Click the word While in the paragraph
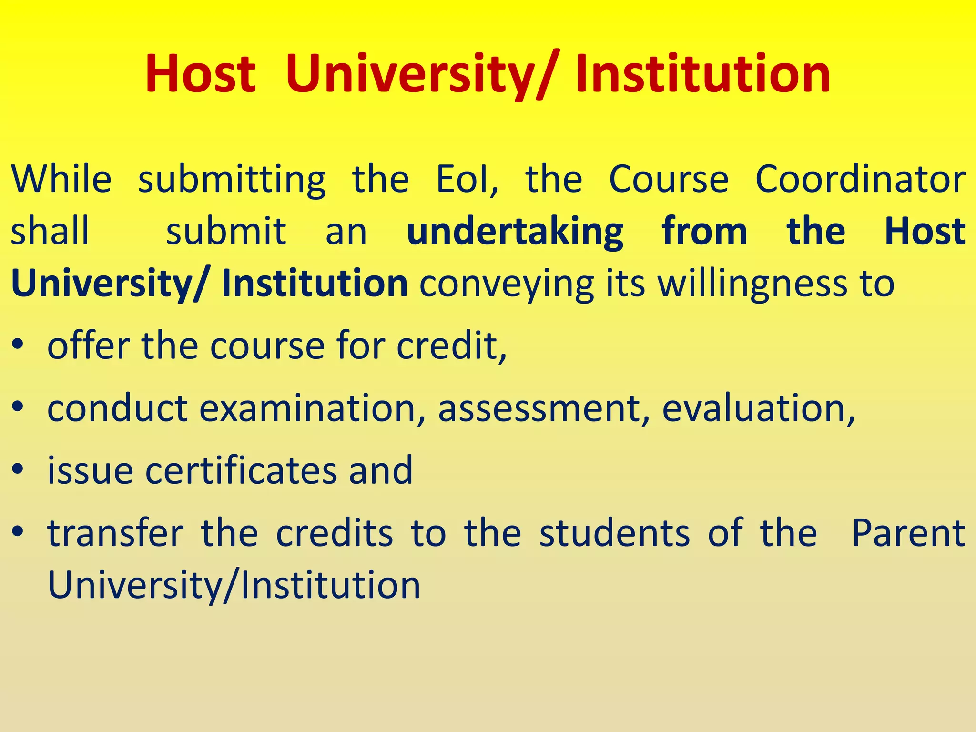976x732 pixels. coord(61,179)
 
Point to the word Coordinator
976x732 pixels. coord(861,179)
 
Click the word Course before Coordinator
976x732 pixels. coord(669,179)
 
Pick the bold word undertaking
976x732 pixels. coord(515,232)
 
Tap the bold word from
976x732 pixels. coord(704,232)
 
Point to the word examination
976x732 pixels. coord(308,408)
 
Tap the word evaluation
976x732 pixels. coord(758,408)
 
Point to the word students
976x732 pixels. coord(615,533)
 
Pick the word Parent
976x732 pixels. coord(908,533)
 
